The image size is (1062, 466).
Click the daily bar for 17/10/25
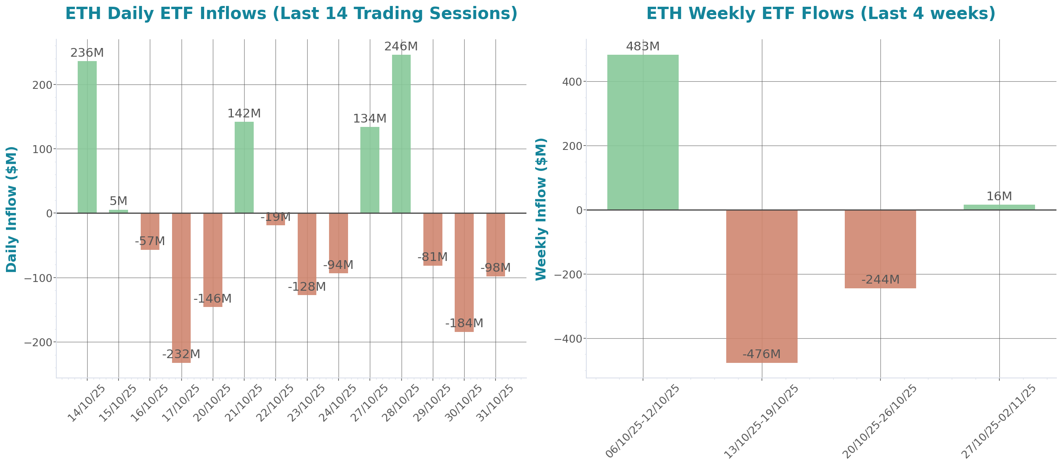[x=182, y=288]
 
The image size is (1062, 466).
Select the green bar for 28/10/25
[x=401, y=134]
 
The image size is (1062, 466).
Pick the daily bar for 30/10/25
[x=464, y=272]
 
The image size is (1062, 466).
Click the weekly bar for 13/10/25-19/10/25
[x=762, y=286]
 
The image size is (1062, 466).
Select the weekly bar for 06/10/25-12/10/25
[x=643, y=132]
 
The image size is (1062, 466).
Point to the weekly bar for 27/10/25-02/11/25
[x=999, y=207]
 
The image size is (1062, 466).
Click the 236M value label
[x=87, y=53]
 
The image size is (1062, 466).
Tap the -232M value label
[x=181, y=354]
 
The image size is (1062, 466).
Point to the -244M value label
[x=880, y=280]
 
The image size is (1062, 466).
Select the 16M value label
[x=999, y=196]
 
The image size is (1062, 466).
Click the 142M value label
[x=244, y=113]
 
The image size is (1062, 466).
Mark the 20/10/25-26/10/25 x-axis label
[x=880, y=421]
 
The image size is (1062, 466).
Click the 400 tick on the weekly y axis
[x=572, y=82]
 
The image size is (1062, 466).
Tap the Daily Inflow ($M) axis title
[x=11, y=209]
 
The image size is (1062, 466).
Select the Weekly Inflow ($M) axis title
[x=541, y=209]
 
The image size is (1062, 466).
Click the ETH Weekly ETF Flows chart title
[x=821, y=13]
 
